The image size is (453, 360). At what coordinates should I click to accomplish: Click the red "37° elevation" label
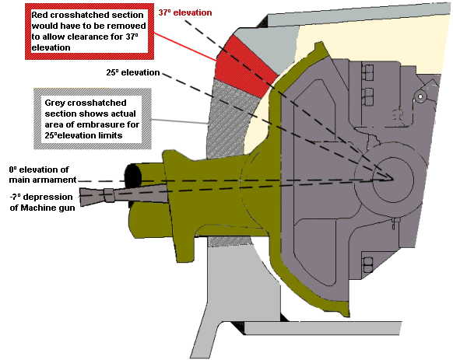185,12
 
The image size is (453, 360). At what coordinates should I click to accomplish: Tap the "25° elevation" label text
133,72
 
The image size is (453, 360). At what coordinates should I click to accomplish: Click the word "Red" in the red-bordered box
40,15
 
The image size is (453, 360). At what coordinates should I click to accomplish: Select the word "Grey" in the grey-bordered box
55,103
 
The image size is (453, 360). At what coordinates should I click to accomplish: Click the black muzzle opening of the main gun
133,177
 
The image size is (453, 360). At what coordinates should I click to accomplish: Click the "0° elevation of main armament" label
43,175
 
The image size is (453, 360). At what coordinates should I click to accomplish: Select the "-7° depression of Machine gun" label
42,202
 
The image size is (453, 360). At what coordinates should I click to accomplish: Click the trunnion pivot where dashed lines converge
392,178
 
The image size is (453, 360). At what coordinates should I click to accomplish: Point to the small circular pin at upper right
420,96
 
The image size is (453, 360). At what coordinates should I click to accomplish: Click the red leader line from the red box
185,47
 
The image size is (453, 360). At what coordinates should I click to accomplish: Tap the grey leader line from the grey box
179,121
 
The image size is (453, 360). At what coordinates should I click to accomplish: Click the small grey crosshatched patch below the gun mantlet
230,241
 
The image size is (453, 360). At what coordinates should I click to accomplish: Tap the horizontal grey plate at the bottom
323,328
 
